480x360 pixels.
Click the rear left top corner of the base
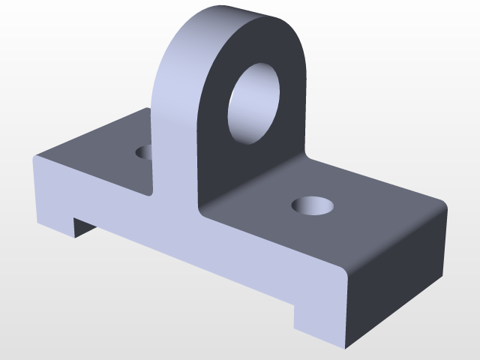tap(147, 109)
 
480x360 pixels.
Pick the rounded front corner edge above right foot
tap(346, 274)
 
